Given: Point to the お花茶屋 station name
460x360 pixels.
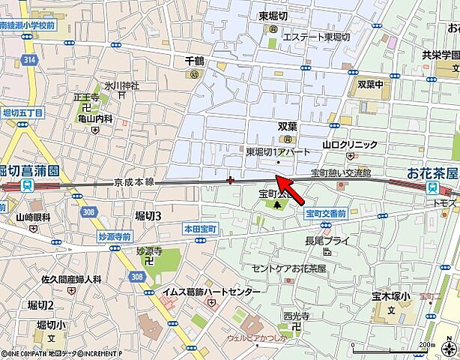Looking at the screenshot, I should point(432,173).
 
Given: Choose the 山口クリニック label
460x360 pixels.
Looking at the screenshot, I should point(350,145).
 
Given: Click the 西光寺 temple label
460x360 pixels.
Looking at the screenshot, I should point(296,316).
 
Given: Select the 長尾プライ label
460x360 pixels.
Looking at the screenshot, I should point(327,241).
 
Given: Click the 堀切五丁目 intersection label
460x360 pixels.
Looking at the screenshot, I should point(23,112).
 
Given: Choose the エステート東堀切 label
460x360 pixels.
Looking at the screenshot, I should point(317,36).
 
